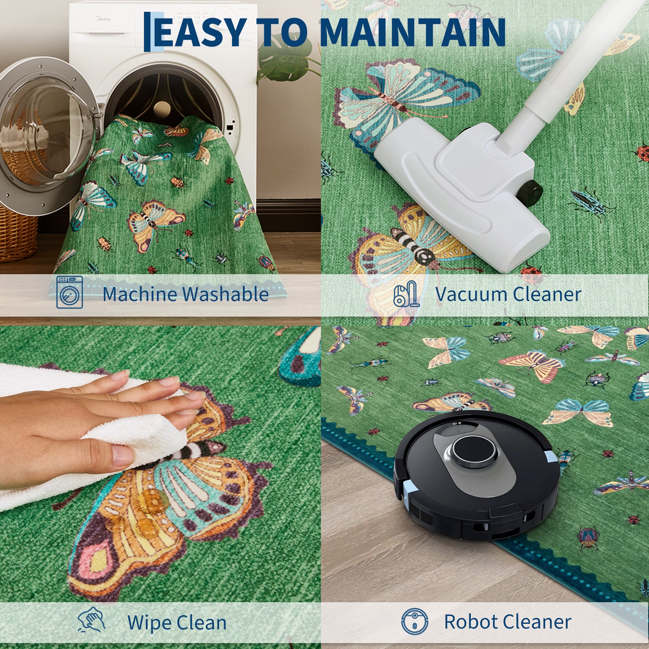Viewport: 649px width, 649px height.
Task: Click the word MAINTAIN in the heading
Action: coord(413,32)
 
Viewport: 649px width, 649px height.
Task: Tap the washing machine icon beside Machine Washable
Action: coord(70,292)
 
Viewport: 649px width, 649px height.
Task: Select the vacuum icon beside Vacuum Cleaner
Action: coord(407,293)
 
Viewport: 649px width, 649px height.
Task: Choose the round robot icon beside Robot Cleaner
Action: coord(415,621)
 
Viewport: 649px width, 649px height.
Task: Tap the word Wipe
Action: coord(149,623)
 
